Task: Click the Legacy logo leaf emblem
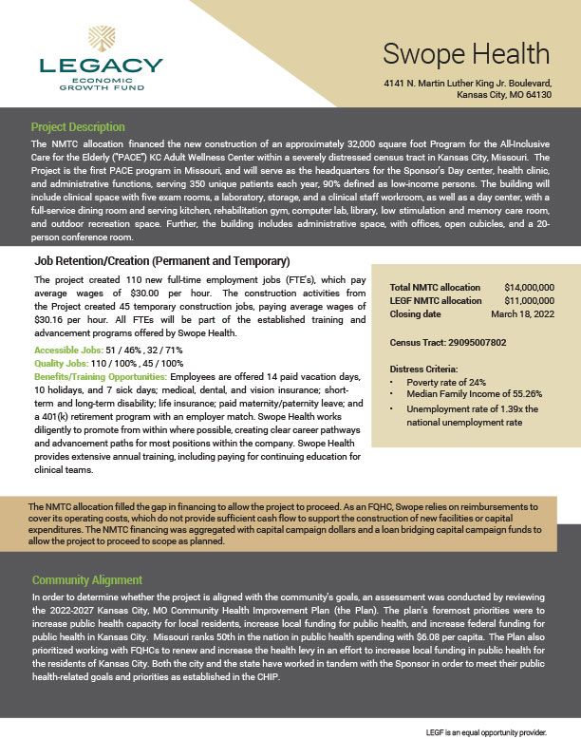coord(102,41)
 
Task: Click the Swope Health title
coord(466,53)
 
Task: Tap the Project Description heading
coord(78,127)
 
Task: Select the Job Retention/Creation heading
coord(161,260)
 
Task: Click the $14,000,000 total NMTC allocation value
coord(530,287)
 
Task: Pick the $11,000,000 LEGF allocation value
coord(530,300)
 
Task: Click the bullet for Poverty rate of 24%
coord(395,381)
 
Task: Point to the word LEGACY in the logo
coord(102,66)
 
